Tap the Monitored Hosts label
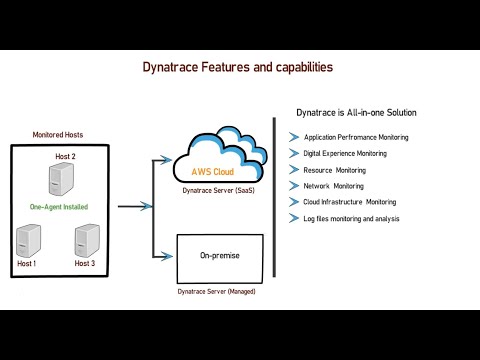pyautogui.click(x=58, y=134)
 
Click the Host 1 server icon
pyautogui.click(x=29, y=240)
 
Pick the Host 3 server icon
pyautogui.click(x=87, y=240)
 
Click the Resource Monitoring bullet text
pyautogui.click(x=334, y=170)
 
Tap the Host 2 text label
pyautogui.click(x=66, y=158)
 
